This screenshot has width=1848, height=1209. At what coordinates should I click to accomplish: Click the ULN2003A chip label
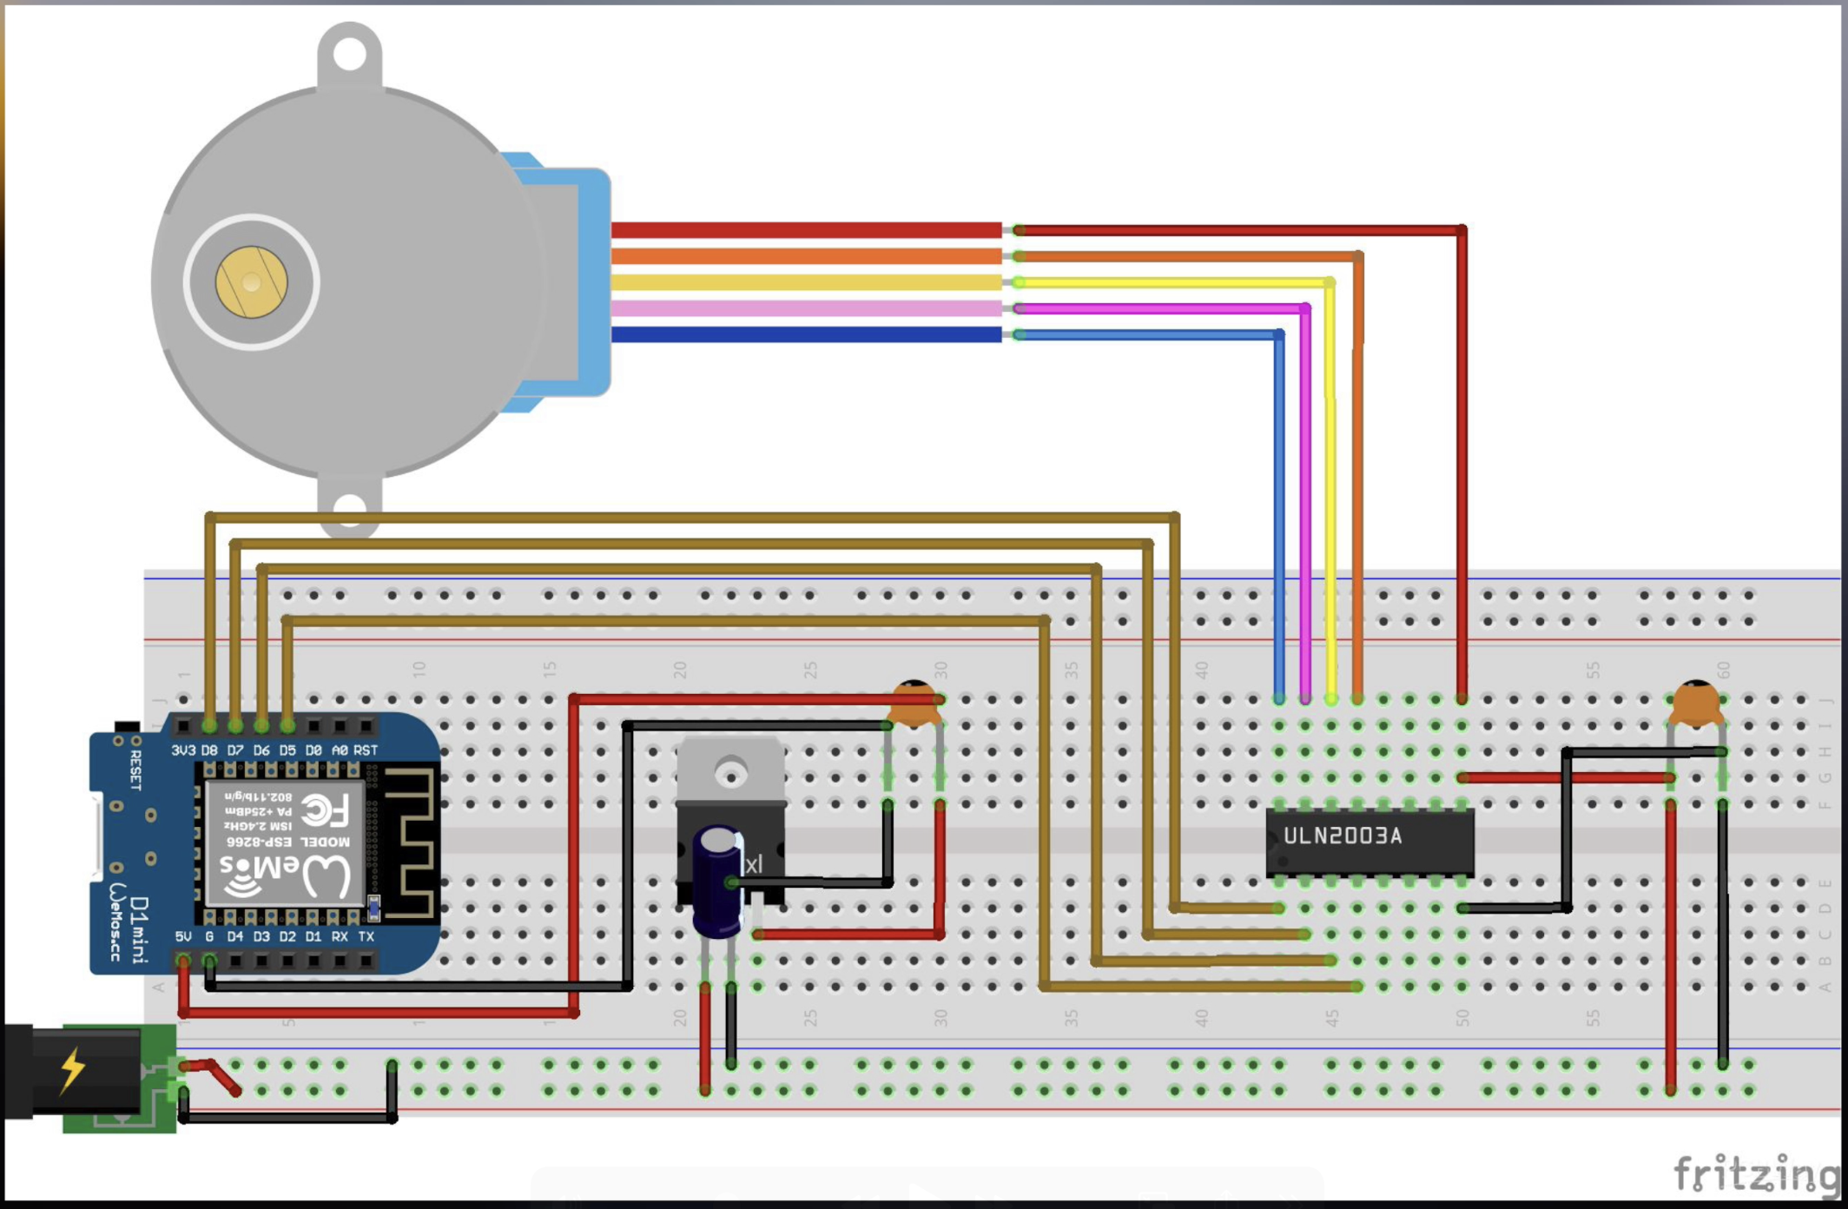[x=1343, y=836]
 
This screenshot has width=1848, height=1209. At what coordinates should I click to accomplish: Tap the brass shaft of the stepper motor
[x=252, y=282]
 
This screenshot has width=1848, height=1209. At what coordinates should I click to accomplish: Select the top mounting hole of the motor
[x=349, y=55]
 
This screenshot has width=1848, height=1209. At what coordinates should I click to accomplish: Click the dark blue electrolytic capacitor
[x=717, y=882]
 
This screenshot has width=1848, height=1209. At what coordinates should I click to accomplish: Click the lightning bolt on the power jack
[x=73, y=1070]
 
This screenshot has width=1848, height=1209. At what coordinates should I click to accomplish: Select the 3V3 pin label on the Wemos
[x=183, y=750]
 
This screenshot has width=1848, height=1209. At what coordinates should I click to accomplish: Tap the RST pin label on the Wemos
[x=366, y=750]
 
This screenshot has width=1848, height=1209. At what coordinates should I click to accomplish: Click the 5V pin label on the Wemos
[x=183, y=936]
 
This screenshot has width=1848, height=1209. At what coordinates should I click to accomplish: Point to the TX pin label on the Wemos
[x=366, y=936]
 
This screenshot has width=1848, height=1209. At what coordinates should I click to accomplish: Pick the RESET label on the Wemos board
[x=135, y=770]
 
